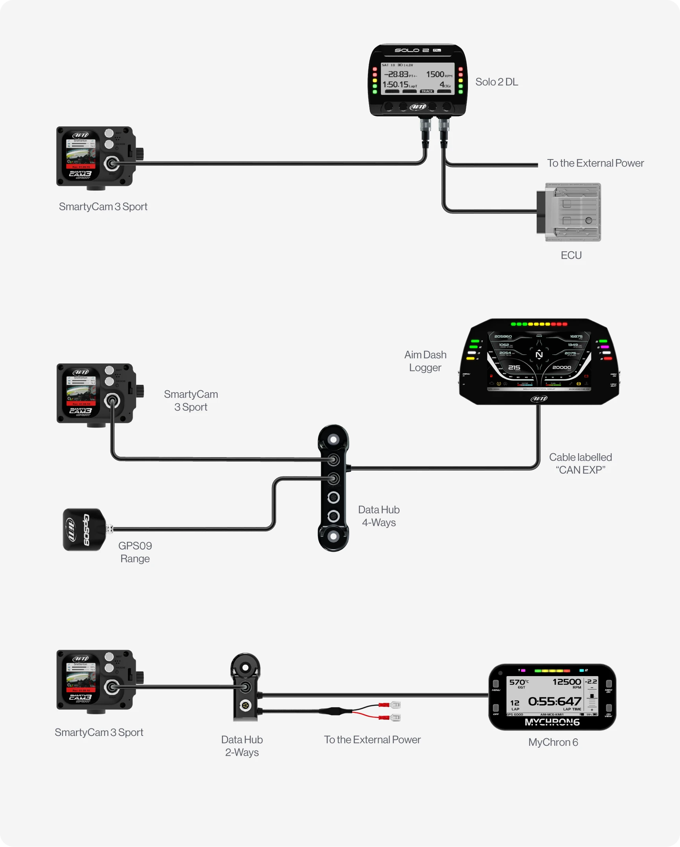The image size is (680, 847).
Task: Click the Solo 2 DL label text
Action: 497,82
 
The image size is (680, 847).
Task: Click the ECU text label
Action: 571,255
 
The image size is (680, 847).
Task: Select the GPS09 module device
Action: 83,530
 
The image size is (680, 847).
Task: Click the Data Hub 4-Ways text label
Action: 379,516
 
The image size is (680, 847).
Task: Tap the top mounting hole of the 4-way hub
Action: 333,439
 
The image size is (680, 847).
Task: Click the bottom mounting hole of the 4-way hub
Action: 333,536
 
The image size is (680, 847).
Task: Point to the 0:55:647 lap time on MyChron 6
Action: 554,701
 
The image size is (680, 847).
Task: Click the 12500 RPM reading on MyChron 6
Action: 566,682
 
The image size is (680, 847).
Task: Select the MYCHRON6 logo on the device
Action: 552,722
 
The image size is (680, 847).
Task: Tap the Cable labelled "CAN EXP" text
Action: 580,463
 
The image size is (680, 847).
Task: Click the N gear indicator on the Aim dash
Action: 539,354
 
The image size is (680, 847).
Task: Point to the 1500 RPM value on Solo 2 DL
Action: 435,74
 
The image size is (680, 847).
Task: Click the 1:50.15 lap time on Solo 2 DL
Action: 396,84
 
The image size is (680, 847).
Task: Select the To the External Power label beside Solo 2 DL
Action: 595,163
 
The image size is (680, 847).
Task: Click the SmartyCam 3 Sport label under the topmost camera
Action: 103,207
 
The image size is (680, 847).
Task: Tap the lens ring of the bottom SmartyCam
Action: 112,687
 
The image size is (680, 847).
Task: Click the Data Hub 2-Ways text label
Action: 242,746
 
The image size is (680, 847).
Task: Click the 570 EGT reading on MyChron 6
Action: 517,682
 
